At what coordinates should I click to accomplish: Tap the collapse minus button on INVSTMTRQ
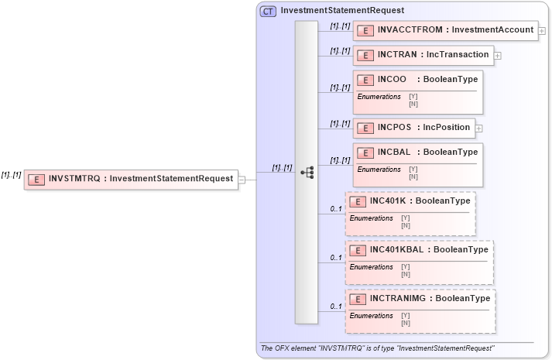click(242, 179)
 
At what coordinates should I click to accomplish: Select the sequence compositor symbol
click(307, 173)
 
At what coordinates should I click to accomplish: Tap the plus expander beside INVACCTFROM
click(541, 31)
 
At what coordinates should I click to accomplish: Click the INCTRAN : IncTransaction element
click(424, 55)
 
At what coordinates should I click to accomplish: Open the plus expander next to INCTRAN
click(497, 56)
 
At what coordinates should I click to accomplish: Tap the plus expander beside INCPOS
click(479, 129)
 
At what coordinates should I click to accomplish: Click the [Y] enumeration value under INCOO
click(413, 97)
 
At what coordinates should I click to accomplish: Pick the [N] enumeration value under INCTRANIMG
click(406, 322)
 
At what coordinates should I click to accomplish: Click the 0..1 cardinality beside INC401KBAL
click(336, 258)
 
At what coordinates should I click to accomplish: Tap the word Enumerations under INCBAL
click(379, 170)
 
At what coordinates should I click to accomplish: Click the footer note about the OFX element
click(378, 348)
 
